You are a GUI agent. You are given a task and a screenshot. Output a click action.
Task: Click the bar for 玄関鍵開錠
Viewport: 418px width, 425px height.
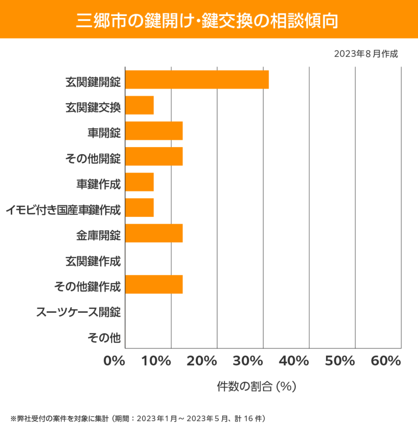pyautogui.click(x=197, y=79)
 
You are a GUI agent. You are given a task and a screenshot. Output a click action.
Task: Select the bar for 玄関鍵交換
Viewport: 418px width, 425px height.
pyautogui.click(x=140, y=105)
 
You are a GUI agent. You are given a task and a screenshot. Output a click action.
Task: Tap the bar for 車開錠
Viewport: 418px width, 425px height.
pyautogui.click(x=154, y=131)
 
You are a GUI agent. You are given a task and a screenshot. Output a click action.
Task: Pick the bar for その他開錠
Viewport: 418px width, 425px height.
pyautogui.click(x=154, y=156)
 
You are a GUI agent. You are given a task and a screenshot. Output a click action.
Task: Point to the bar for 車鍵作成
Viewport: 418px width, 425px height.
pyautogui.click(x=140, y=182)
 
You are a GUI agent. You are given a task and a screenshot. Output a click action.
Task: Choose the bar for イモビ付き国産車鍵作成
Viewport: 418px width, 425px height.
pyautogui.click(x=140, y=208)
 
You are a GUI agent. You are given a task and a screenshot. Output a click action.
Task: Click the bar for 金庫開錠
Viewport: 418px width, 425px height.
pyautogui.click(x=154, y=233)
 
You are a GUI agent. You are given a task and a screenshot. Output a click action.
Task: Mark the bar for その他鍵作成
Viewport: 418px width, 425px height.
pyautogui.click(x=154, y=285)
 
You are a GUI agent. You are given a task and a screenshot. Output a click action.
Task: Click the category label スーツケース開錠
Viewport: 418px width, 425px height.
pyautogui.click(x=79, y=311)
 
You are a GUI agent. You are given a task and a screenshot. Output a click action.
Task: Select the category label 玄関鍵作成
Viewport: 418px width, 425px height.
pyautogui.click(x=93, y=261)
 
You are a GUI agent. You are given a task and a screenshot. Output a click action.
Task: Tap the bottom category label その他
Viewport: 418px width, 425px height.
pyautogui.click(x=104, y=337)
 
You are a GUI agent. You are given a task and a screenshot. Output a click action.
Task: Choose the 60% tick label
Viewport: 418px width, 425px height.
pyautogui.click(x=385, y=361)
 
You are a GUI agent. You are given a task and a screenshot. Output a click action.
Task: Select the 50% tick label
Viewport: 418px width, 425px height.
pyautogui.click(x=340, y=361)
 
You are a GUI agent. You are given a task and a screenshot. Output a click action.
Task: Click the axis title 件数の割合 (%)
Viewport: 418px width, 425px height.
pyautogui.click(x=256, y=386)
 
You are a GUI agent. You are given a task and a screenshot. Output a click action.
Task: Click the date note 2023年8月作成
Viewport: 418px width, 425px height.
pyautogui.click(x=366, y=54)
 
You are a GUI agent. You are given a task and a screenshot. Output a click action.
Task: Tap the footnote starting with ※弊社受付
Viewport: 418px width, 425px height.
pyautogui.click(x=137, y=418)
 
